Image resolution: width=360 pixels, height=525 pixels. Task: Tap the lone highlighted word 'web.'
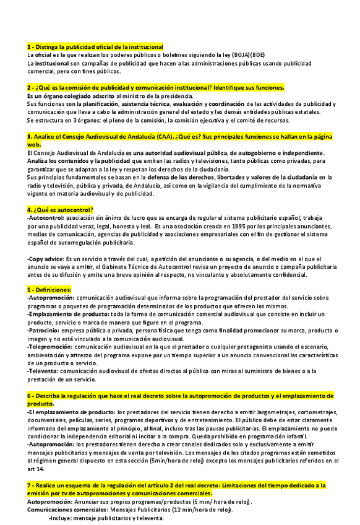click(x=35, y=144)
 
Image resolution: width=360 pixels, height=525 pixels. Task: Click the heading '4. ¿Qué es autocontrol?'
click(x=60, y=209)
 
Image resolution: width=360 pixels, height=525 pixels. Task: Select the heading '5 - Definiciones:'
click(x=50, y=289)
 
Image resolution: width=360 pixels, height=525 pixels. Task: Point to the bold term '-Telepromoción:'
click(x=51, y=347)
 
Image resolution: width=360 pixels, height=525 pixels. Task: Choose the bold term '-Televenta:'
click(x=44, y=371)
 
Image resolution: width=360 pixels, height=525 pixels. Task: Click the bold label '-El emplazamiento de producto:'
click(x=71, y=411)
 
